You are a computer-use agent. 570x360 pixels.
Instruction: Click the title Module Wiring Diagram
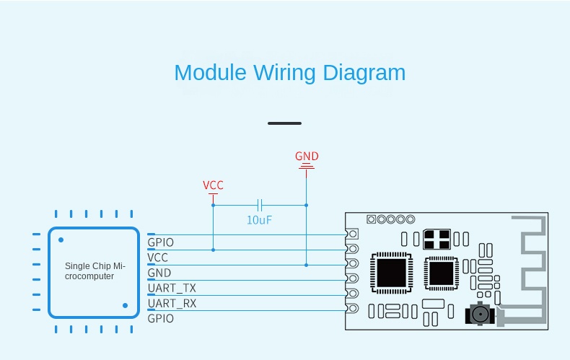click(289, 73)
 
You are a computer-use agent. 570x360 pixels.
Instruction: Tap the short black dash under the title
click(284, 123)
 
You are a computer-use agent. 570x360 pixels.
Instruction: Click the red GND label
click(307, 157)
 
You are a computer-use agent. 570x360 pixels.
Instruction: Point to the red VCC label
click(213, 185)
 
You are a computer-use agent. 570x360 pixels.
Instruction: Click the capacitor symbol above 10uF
click(260, 205)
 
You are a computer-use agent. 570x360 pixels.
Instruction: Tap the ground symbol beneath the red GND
click(307, 167)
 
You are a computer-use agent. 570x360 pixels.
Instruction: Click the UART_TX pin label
click(172, 288)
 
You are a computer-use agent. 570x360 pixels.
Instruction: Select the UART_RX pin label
click(172, 303)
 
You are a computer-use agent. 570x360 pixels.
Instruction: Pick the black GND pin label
click(159, 273)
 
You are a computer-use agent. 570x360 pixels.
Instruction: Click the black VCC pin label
click(158, 257)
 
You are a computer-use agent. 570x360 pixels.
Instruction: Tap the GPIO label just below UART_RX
click(160, 318)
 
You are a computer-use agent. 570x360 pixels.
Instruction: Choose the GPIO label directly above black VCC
click(160, 242)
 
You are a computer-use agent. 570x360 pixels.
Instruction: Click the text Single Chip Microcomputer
click(95, 271)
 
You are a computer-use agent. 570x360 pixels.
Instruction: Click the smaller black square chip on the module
click(441, 273)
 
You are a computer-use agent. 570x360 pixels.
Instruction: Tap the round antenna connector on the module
click(478, 314)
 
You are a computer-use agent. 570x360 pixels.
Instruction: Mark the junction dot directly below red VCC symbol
click(213, 205)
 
